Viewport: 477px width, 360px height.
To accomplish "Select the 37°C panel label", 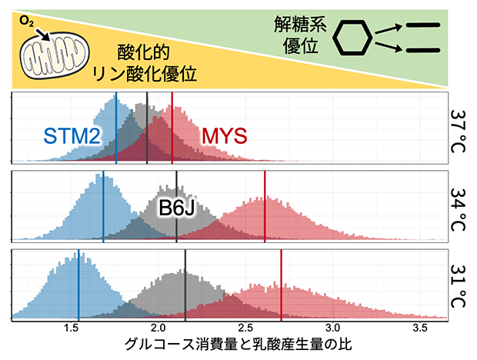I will coord(459,128).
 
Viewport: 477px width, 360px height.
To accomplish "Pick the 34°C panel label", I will coord(459,207).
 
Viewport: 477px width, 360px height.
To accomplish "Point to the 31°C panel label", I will coord(459,285).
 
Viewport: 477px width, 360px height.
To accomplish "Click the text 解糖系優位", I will coord(299,35).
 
